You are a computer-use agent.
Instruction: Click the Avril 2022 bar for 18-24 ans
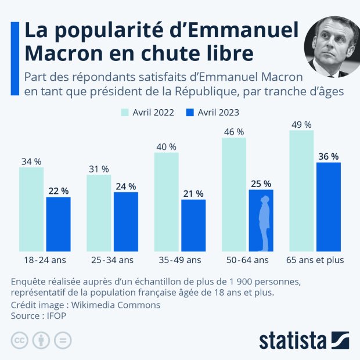pyautogui.click(x=31, y=209)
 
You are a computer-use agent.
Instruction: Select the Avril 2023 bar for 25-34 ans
pyautogui.click(x=125, y=221)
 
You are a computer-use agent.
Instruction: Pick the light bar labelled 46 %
pyautogui.click(x=233, y=194)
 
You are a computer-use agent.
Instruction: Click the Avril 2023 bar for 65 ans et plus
pyautogui.click(x=328, y=207)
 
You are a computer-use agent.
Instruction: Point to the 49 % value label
pyautogui.click(x=301, y=125)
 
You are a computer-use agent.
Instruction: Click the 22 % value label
pyautogui.click(x=58, y=191)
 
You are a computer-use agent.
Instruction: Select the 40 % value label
pyautogui.click(x=166, y=147)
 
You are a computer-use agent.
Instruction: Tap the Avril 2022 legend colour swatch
pyautogui.click(x=125, y=113)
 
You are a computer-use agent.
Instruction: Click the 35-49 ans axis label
pyautogui.click(x=179, y=260)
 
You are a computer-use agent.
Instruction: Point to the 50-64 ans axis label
pyautogui.click(x=247, y=260)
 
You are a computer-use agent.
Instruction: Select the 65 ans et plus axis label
pyautogui.click(x=315, y=260)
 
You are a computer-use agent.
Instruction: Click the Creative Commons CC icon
pyautogui.click(x=19, y=340)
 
